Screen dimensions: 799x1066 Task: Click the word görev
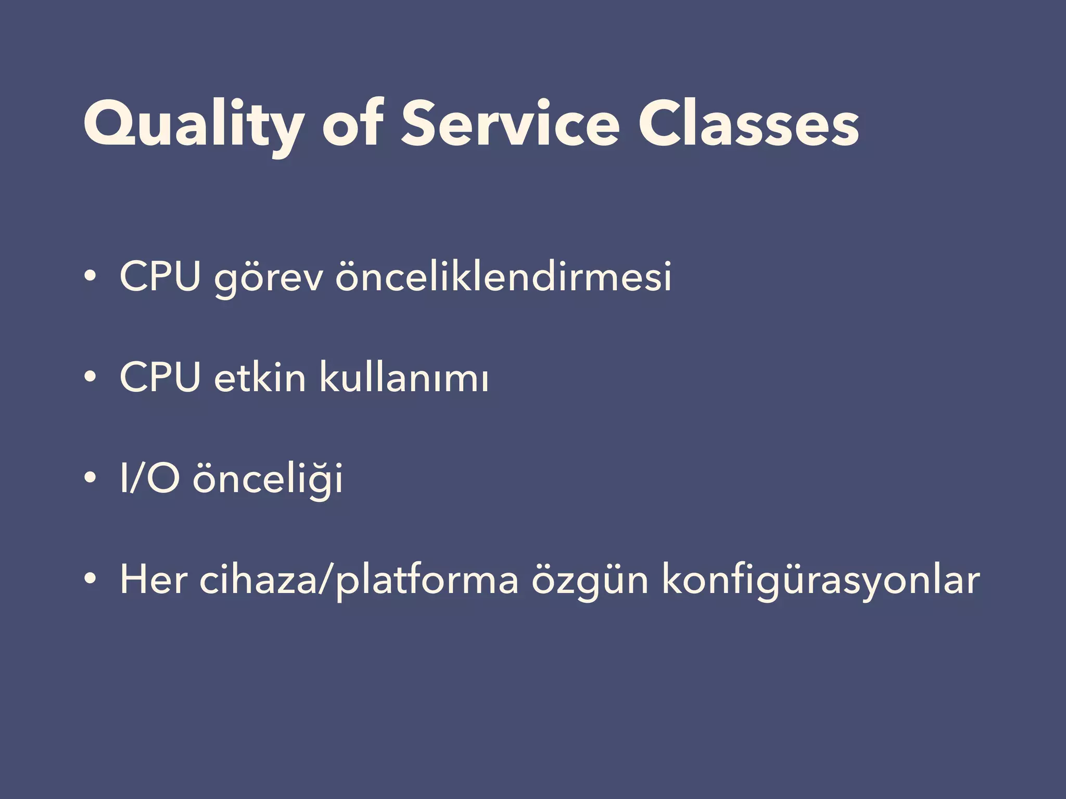pos(269,278)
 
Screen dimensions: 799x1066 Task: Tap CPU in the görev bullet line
pos(160,276)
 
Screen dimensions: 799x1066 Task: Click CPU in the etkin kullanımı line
pos(160,377)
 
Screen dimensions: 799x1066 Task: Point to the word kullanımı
pos(404,377)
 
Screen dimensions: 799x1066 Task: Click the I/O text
pos(150,478)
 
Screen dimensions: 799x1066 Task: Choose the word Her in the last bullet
pos(154,579)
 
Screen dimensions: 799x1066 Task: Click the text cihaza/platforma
pos(359,580)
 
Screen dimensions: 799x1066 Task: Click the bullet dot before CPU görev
pos(90,276)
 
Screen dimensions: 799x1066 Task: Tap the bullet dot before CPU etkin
pos(90,377)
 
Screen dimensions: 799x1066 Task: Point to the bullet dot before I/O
pos(90,478)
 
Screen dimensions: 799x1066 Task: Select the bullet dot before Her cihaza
pos(90,578)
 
